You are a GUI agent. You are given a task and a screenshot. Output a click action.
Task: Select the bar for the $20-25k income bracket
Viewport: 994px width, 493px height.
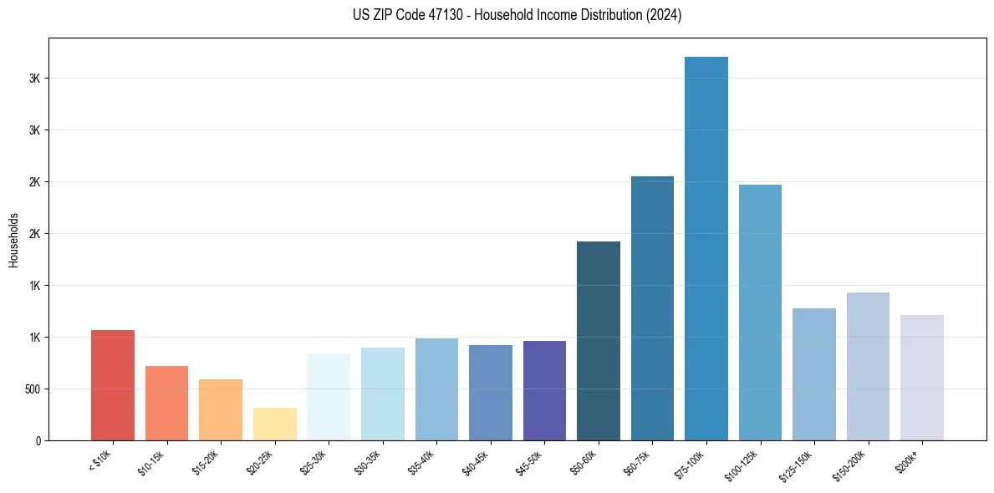coord(275,424)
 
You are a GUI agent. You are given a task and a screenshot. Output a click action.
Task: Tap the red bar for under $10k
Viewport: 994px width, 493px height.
coord(113,385)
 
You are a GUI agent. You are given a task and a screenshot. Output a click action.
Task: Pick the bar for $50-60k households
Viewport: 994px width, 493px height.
coord(599,341)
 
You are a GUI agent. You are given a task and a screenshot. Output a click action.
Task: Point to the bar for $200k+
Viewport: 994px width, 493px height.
coord(922,378)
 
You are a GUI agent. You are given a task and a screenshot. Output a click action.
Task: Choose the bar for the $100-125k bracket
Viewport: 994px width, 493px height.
coord(760,313)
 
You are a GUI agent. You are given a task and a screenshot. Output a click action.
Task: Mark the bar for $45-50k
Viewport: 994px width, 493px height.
coord(544,390)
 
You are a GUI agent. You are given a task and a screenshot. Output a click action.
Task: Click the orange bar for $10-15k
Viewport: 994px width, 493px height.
coord(166,403)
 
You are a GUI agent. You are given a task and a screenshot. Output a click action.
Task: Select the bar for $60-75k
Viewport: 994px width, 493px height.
coord(652,308)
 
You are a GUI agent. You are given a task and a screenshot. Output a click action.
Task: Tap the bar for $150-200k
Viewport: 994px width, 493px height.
coord(868,366)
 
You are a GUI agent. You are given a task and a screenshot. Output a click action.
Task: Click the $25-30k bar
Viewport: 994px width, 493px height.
coord(329,397)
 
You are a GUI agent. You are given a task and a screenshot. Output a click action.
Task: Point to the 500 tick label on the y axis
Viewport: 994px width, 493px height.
coord(32,389)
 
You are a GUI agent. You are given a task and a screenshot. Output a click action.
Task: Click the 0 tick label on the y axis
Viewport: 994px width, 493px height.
coord(38,440)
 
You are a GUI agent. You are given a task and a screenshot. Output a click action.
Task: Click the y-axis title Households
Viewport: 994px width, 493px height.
coord(13,239)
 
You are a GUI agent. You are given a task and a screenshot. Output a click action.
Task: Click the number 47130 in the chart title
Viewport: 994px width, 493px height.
coord(437,15)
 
